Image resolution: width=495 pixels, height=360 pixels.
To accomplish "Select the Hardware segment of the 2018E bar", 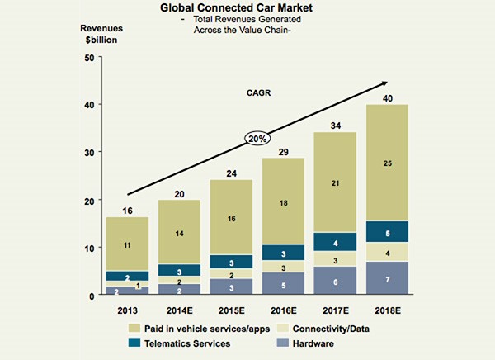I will point(387,278).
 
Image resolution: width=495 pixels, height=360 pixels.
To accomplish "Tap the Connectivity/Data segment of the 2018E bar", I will point(387,252).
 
